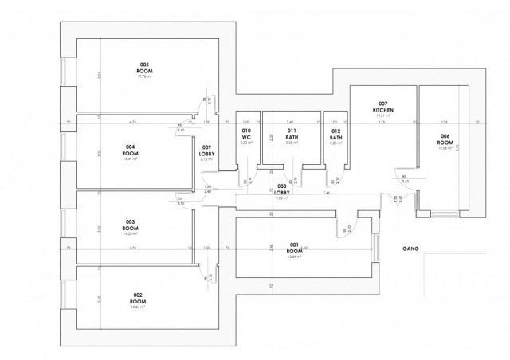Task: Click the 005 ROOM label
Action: pos(144,68)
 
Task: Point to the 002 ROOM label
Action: pos(137,299)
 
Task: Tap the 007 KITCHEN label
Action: pos(383,108)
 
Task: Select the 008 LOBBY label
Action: pos(281,189)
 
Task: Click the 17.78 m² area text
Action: pos(144,77)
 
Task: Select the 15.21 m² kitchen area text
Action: pos(383,116)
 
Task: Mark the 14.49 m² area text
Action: pos(130,158)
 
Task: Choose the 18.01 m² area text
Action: pos(137,307)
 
